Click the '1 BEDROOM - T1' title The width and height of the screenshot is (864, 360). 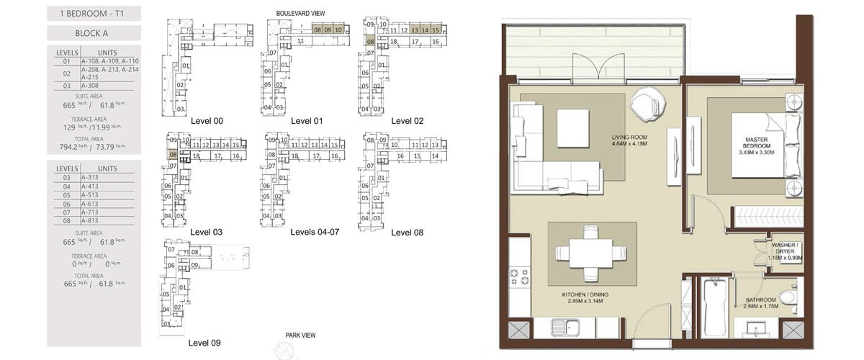94,12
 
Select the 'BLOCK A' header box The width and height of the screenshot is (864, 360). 94,33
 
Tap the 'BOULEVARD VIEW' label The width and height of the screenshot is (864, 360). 300,13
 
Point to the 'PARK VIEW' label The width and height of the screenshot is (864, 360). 301,336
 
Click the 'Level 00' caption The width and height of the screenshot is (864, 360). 207,121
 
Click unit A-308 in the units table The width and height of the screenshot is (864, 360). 90,86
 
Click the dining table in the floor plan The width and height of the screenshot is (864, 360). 591,253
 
